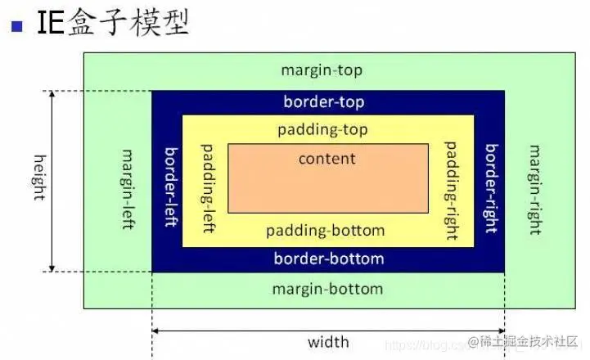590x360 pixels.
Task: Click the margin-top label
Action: click(x=322, y=70)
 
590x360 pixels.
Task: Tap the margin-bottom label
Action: click(x=327, y=289)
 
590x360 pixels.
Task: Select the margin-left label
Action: click(x=127, y=189)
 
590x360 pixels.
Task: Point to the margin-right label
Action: click(x=534, y=189)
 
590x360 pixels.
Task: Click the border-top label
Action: click(x=324, y=102)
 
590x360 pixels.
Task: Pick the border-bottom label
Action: click(x=328, y=259)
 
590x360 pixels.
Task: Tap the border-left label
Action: click(x=171, y=187)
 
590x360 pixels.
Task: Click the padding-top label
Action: click(x=322, y=130)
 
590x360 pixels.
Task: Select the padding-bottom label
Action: click(x=325, y=231)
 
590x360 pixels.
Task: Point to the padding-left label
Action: click(x=207, y=189)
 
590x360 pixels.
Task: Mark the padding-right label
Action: click(x=450, y=191)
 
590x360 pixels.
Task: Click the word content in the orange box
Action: click(x=327, y=159)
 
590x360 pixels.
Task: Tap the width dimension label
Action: click(x=328, y=342)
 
